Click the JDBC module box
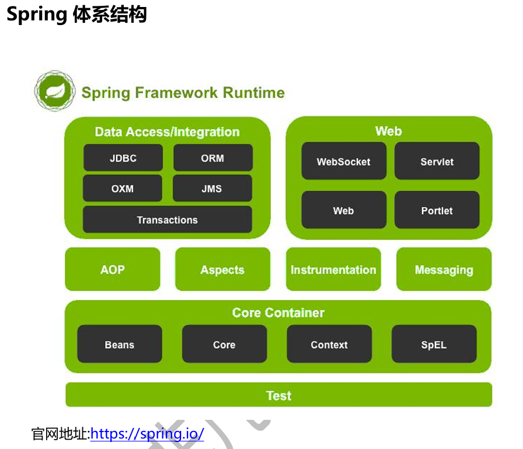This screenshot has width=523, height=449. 123,157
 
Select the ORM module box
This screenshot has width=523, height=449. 213,157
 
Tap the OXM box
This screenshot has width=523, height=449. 123,188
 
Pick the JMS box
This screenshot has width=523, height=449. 212,188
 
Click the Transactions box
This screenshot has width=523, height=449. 167,219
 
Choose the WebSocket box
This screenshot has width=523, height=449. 344,161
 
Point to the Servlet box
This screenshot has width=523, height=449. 437,161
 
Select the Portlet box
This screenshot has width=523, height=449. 437,210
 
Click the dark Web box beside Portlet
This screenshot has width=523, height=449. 344,210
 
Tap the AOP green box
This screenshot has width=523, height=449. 113,269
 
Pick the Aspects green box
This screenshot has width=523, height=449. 222,269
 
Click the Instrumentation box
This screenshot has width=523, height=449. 333,269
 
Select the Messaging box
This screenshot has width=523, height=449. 444,269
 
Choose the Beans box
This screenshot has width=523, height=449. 120,344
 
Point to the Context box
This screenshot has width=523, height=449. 329,344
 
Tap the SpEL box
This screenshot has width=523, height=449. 434,344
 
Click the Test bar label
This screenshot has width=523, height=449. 279,396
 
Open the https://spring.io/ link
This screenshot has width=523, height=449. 147,434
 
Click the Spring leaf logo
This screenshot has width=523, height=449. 55,90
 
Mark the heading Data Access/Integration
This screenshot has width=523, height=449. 167,132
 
